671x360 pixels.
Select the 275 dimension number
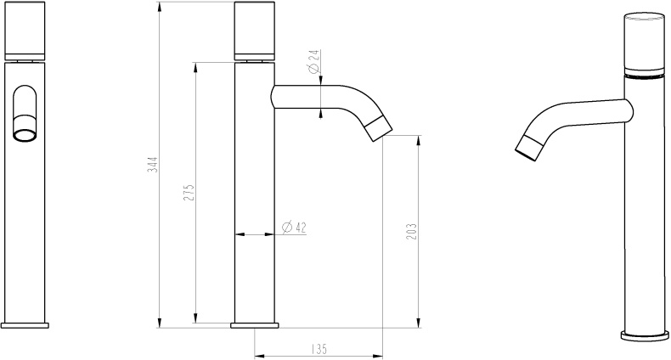point(189,192)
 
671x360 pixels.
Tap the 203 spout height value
point(411,230)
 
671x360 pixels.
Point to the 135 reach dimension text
point(319,349)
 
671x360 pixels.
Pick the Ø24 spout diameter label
point(313,63)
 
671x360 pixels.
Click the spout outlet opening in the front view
point(25,132)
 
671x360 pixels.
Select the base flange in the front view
point(25,324)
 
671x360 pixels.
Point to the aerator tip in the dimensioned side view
point(380,129)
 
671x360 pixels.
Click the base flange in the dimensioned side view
point(254,324)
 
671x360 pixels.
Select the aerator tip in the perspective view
point(528,148)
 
